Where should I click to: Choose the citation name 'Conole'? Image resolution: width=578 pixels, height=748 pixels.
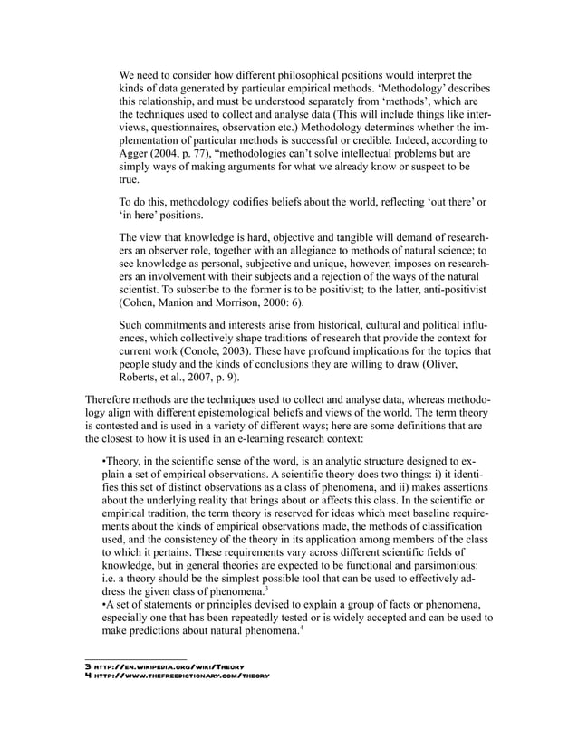click(x=224, y=350)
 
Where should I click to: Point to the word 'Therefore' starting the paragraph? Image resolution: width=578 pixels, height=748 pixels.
click(x=111, y=400)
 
